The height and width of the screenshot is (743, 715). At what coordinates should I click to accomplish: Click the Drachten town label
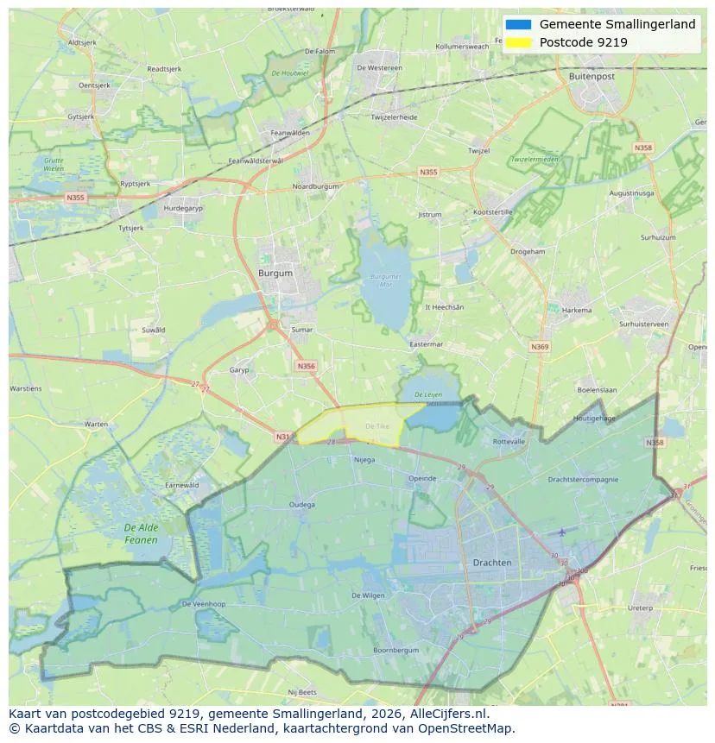(x=492, y=563)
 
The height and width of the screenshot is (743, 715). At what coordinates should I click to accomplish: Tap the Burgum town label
(x=275, y=274)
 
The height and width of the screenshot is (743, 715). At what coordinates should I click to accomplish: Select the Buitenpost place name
(x=592, y=76)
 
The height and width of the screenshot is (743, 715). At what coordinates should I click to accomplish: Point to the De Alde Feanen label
(x=141, y=533)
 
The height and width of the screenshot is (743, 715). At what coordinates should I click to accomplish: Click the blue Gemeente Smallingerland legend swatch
(x=518, y=24)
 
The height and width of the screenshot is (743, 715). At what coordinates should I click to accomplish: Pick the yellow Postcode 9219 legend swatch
(x=518, y=42)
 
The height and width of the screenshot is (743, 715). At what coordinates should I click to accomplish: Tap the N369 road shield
(x=540, y=347)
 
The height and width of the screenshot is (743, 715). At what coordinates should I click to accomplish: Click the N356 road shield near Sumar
(x=306, y=366)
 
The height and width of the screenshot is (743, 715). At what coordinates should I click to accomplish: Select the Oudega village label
(x=302, y=505)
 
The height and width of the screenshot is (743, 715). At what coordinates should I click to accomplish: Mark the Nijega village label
(x=364, y=459)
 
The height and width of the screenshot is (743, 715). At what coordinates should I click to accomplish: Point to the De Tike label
(x=377, y=426)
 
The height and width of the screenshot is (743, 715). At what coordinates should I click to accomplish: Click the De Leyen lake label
(x=428, y=394)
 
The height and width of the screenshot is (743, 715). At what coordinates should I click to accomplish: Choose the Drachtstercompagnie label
(x=583, y=479)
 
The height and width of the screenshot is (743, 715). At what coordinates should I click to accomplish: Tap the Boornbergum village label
(x=395, y=650)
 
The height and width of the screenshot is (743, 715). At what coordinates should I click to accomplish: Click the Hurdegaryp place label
(x=183, y=208)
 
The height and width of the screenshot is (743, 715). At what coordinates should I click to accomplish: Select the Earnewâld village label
(x=182, y=485)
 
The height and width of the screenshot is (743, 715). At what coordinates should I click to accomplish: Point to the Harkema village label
(x=577, y=311)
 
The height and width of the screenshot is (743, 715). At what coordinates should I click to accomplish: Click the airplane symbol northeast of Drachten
(x=563, y=532)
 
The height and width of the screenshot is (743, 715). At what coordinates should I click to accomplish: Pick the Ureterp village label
(x=640, y=608)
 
